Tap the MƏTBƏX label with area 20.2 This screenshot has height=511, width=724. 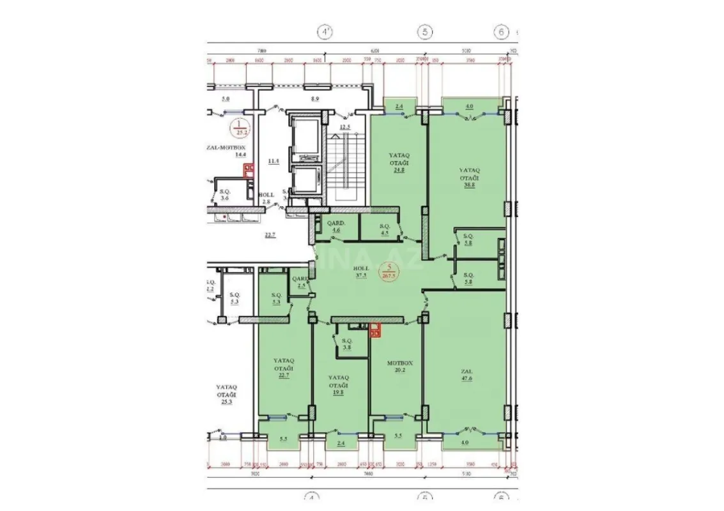(401, 367)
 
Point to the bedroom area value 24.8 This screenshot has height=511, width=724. (399, 169)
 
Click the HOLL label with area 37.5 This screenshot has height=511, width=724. (360, 273)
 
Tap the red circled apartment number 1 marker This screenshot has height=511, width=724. (240, 127)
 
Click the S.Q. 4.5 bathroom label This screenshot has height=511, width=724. (384, 229)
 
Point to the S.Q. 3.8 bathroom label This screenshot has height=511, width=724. (347, 345)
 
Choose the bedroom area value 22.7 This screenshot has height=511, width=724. (283, 375)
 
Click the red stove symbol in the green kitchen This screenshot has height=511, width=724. (376, 330)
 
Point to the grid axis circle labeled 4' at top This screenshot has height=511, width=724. (326, 31)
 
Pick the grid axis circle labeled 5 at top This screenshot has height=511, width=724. (424, 31)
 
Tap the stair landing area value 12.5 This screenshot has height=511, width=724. (346, 127)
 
